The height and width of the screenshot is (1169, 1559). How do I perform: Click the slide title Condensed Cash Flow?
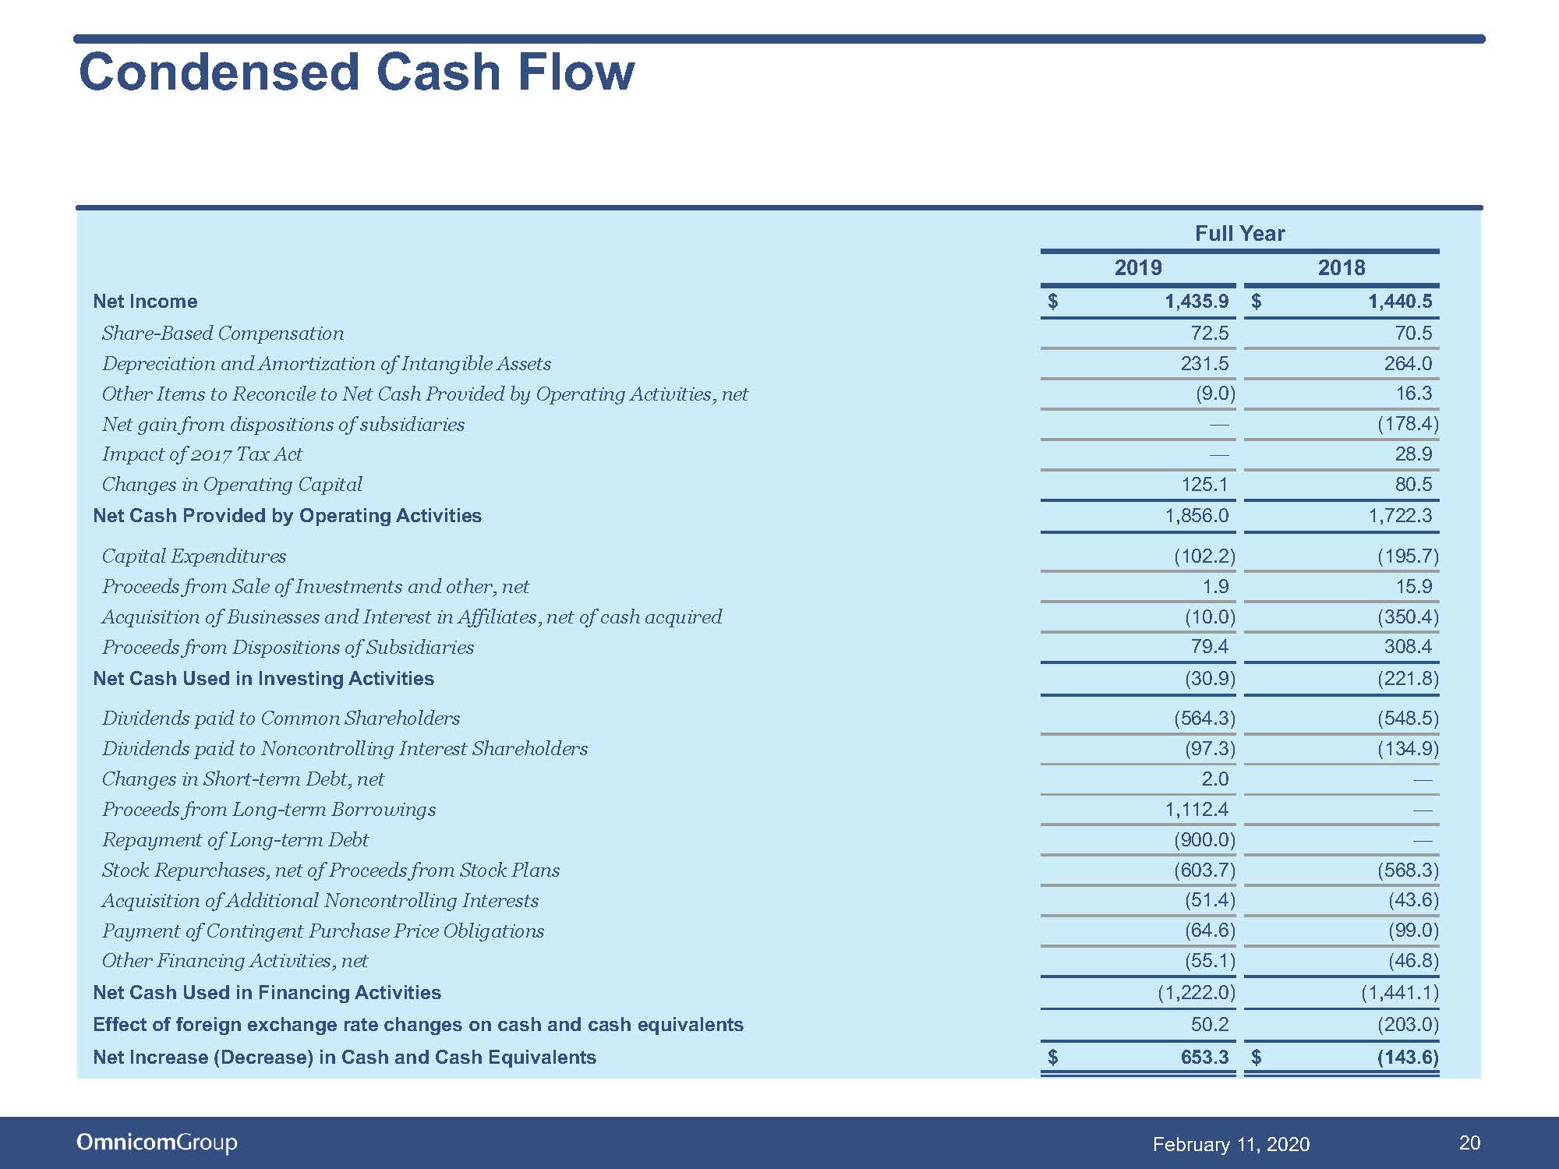point(356,72)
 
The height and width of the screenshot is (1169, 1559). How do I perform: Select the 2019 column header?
point(1137,268)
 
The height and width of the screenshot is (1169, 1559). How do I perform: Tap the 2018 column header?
point(1341,268)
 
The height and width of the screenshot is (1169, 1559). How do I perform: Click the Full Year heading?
point(1239,234)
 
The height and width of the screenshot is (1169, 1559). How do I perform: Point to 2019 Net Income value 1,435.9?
point(1197,302)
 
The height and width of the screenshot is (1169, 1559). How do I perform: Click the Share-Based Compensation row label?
point(223,334)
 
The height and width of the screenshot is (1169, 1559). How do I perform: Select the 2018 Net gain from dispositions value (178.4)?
point(1408,424)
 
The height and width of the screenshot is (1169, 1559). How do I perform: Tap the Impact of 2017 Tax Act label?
point(202,454)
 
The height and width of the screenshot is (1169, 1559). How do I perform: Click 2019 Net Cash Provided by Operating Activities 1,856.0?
point(1197,516)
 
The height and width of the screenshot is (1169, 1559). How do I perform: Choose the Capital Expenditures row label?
point(194,556)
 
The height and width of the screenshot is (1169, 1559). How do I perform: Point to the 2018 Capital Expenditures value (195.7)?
point(1408,556)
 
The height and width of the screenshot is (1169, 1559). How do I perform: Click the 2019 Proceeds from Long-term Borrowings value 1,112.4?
point(1197,810)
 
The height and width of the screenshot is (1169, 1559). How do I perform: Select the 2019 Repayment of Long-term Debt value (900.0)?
point(1204,840)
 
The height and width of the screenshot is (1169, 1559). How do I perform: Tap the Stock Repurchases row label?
point(331,871)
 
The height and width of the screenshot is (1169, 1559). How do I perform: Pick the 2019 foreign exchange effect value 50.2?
point(1210,1025)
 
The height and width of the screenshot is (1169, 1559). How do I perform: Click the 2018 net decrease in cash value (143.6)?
point(1408,1058)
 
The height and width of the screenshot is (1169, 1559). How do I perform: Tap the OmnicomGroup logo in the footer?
point(157,1143)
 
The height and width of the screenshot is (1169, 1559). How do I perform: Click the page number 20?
point(1469,1143)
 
